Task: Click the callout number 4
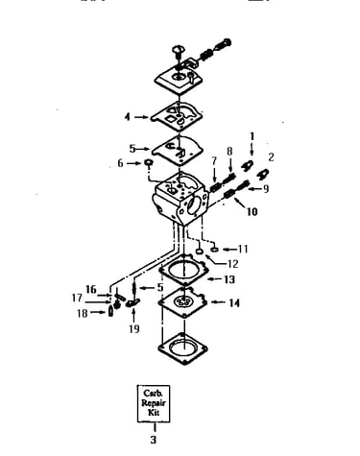[128, 117]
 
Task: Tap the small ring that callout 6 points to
[149, 163]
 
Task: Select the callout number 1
[252, 136]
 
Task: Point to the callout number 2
[272, 157]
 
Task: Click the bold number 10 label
[252, 211]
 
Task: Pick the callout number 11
[243, 249]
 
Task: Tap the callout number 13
[229, 279]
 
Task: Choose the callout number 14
[234, 302]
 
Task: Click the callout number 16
[91, 289]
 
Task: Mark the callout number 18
[83, 313]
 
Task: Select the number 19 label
[134, 328]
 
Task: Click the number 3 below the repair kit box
[154, 440]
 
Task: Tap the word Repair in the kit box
[154, 402]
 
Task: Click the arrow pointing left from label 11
[229, 249]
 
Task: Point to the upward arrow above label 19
[133, 315]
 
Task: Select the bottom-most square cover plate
[182, 348]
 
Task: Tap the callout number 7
[214, 161]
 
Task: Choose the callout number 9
[265, 189]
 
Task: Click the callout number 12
[233, 264]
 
